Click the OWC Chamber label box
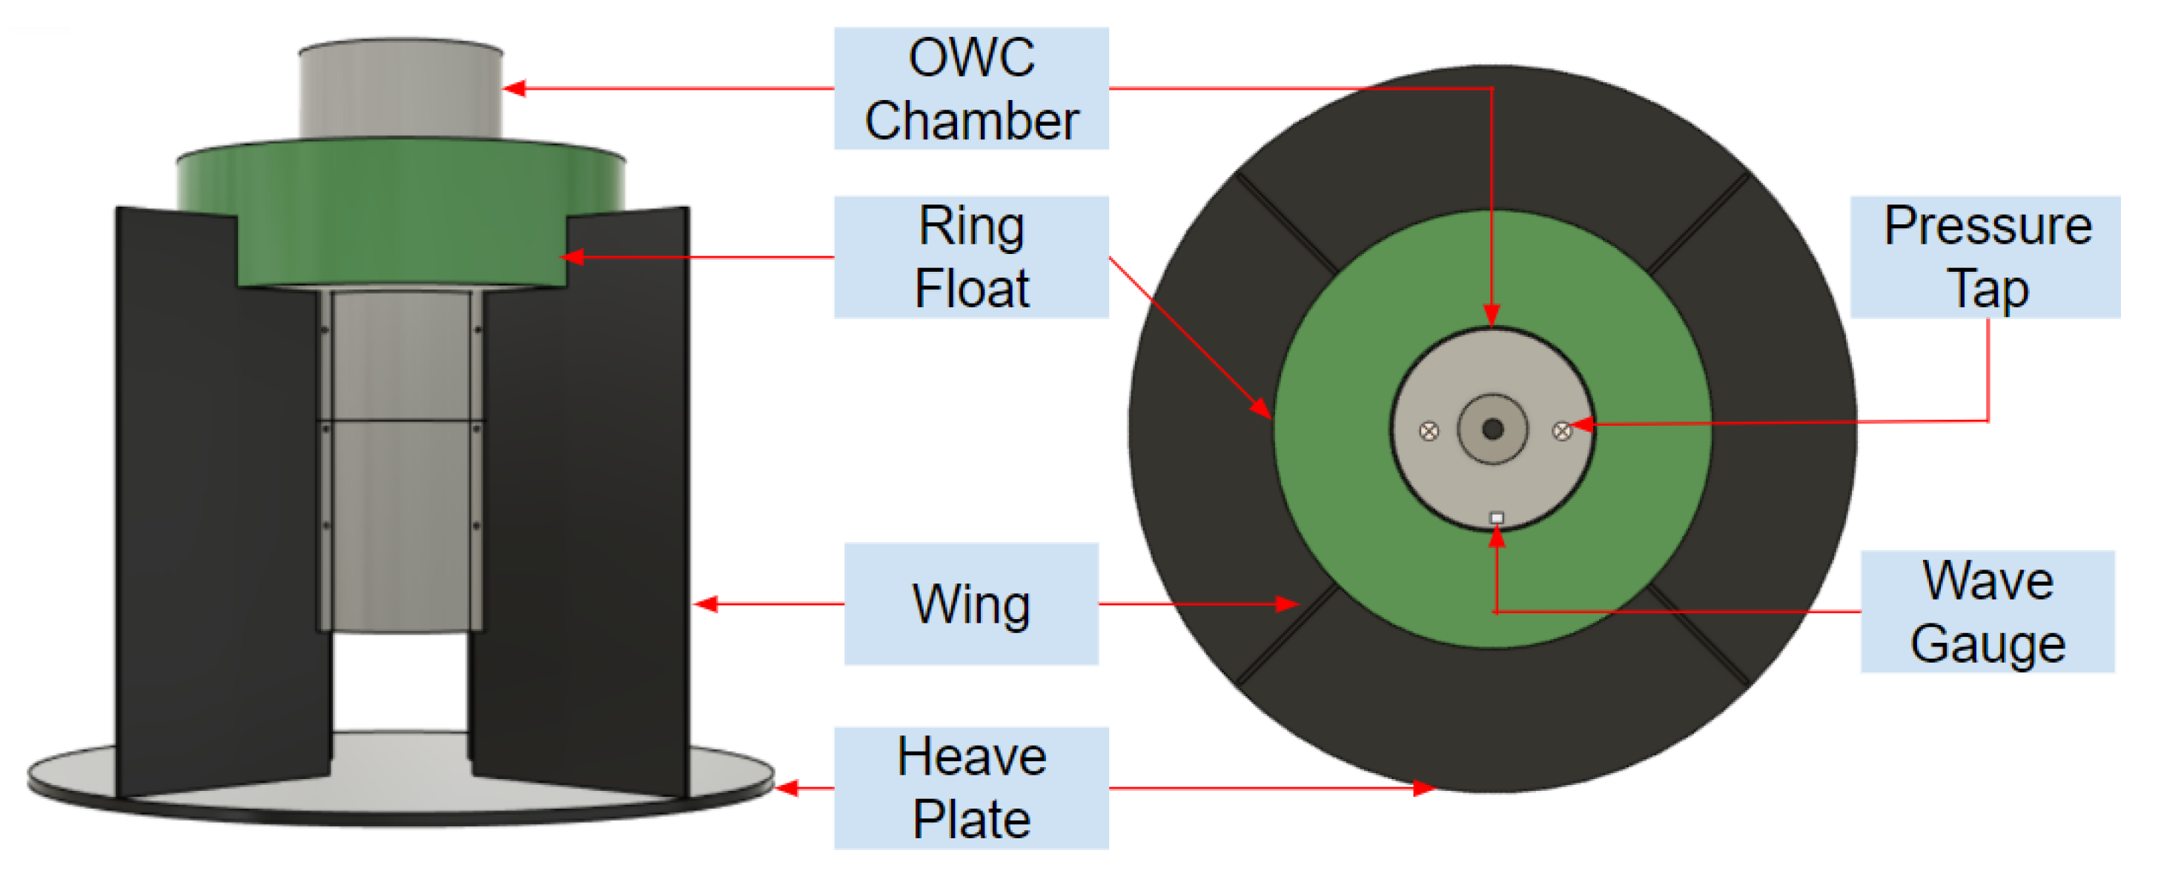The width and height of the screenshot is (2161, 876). click(x=970, y=88)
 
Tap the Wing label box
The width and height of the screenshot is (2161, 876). click(x=970, y=603)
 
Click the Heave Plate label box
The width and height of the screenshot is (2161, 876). click(x=970, y=787)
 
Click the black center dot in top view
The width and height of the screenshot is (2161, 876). click(x=1492, y=429)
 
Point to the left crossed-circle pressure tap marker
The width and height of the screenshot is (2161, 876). click(x=1429, y=431)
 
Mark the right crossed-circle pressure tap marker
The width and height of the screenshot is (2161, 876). click(x=1561, y=431)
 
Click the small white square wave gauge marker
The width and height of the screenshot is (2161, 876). click(x=1496, y=518)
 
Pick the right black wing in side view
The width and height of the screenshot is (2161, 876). click(x=587, y=503)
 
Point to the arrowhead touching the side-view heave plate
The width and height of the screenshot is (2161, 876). click(x=784, y=787)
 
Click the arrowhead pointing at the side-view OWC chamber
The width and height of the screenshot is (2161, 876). click(x=514, y=88)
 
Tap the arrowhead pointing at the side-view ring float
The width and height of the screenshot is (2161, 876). click(x=572, y=256)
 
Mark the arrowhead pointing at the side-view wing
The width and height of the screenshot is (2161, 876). click(x=706, y=603)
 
